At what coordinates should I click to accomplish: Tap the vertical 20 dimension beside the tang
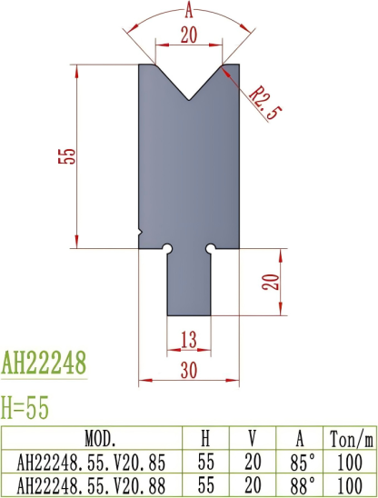(x=269, y=280)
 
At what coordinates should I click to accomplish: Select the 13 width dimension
(x=189, y=339)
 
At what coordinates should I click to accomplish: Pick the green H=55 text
(x=28, y=406)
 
